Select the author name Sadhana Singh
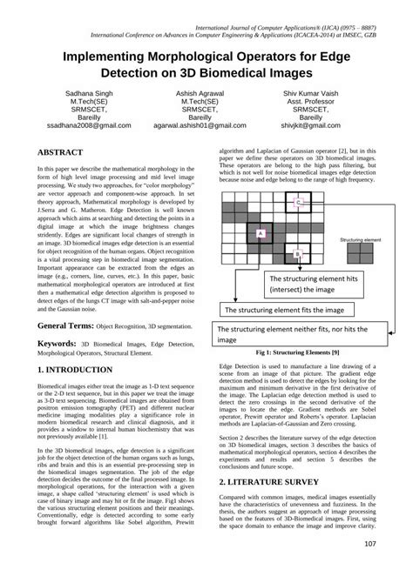[82, 92]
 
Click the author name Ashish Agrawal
[206, 92]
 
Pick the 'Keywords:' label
[57, 344]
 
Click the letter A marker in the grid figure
[260, 233]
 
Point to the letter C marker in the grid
[299, 201]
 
